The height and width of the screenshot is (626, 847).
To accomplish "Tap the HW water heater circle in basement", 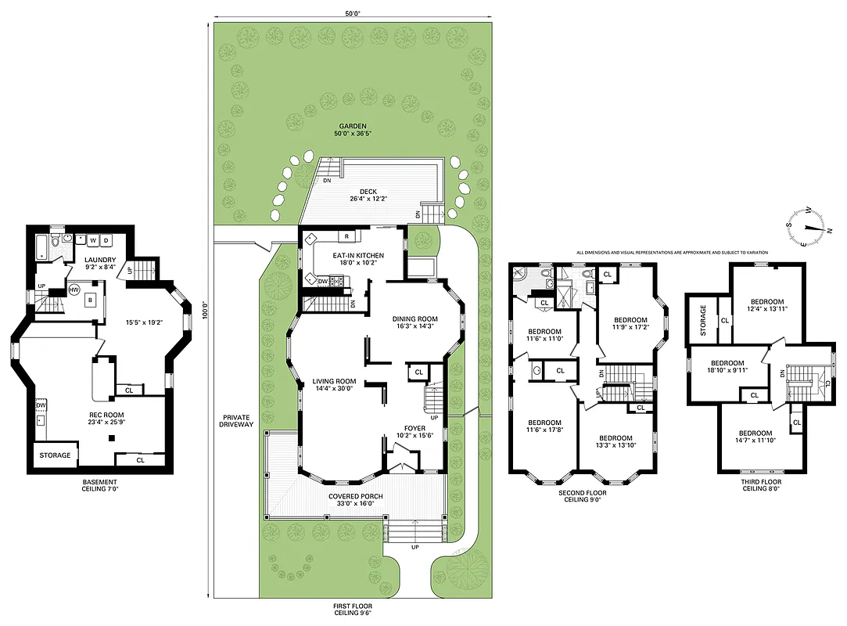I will click(75, 290).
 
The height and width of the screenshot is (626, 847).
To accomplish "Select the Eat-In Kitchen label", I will click(358, 255).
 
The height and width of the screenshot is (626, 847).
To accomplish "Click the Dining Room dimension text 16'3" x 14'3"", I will click(415, 326).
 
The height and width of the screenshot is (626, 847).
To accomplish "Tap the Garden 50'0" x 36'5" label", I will click(353, 129).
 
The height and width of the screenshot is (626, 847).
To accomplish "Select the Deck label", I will click(369, 191).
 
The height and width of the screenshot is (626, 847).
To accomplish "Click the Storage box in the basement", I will click(56, 455).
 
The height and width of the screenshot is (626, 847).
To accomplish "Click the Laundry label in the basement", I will click(100, 260).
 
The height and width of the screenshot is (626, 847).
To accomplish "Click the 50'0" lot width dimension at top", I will click(353, 13).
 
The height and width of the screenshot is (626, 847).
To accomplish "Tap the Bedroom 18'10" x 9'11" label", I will click(727, 368).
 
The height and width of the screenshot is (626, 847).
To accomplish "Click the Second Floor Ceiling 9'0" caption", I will click(582, 497).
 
